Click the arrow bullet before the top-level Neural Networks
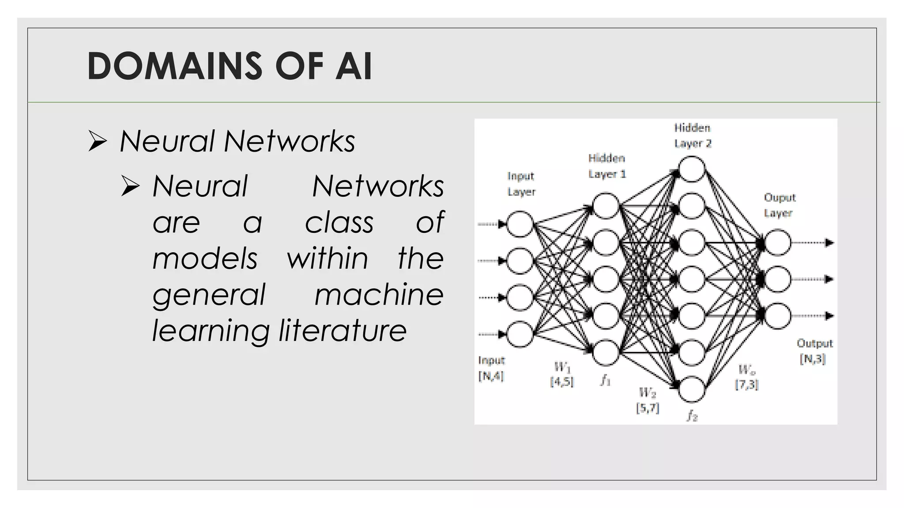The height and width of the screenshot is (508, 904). click(98, 141)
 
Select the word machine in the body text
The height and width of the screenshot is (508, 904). click(379, 295)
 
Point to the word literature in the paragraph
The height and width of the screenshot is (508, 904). click(343, 331)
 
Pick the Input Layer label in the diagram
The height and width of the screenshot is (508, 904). click(521, 184)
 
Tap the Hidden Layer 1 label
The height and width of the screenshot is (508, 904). click(607, 166)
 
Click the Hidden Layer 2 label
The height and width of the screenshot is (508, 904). click(693, 135)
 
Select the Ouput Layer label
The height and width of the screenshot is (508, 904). click(780, 205)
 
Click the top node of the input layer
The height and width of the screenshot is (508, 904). click(520, 224)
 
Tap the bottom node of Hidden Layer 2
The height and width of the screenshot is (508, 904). click(692, 389)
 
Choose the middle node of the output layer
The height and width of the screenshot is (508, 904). click(778, 279)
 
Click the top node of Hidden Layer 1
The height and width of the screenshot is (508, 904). click(606, 206)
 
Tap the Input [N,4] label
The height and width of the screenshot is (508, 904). click(491, 368)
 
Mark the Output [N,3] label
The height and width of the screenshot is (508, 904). click(814, 351)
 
